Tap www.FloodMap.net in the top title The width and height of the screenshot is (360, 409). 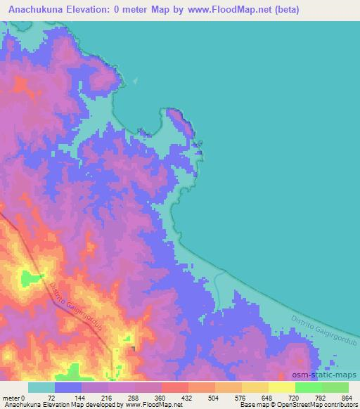[x=226, y=10]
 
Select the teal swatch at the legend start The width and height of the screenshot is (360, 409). [x=41, y=387]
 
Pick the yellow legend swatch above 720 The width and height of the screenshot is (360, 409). [x=282, y=387]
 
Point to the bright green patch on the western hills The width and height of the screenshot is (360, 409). [x=30, y=278]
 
